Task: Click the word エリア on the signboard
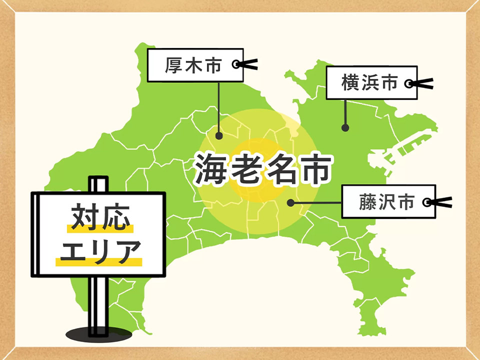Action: click(x=99, y=251)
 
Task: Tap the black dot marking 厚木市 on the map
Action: click(x=219, y=135)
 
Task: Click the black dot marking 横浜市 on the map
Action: click(x=345, y=128)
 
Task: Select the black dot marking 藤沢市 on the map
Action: click(x=290, y=202)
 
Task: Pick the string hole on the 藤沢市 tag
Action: click(x=426, y=202)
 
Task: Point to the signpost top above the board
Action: click(x=98, y=183)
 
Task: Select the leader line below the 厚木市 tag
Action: click(x=219, y=107)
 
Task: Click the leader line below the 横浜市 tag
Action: click(x=345, y=112)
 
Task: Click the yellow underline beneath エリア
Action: click(x=99, y=261)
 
